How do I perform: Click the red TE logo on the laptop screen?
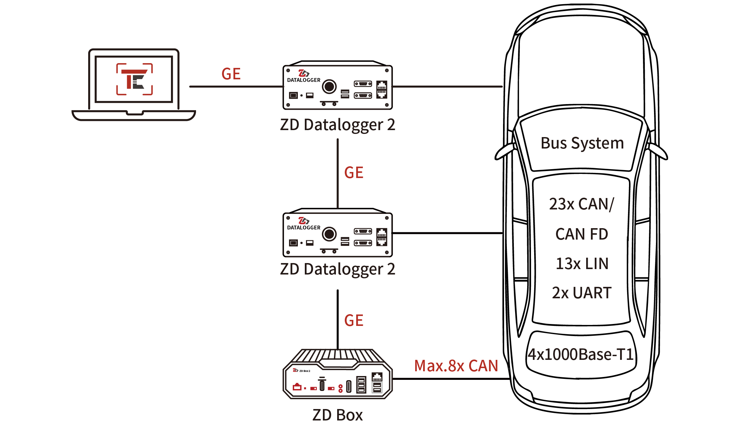[x=134, y=79]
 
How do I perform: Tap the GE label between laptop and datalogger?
[x=231, y=74]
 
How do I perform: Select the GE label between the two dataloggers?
[x=354, y=173]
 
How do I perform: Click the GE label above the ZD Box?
[x=354, y=321]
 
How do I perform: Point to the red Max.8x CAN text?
[x=456, y=366]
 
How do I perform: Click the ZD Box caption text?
[x=337, y=415]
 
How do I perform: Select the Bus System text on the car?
[x=582, y=143]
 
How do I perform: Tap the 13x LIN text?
[x=582, y=264]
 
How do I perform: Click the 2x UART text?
[x=582, y=293]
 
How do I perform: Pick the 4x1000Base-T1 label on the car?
[x=581, y=354]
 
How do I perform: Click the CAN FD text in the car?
[x=582, y=234]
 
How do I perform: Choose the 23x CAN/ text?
[x=582, y=204]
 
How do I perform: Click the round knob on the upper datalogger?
[x=329, y=86]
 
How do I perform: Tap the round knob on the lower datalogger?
[x=329, y=234]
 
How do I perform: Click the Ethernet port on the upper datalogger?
[x=382, y=89]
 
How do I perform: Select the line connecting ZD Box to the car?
[x=450, y=379]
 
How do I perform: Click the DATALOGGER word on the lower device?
[x=304, y=228]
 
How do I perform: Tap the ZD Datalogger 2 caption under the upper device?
[x=337, y=125]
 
